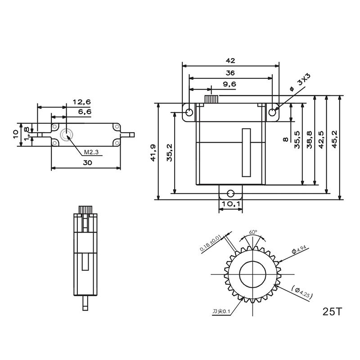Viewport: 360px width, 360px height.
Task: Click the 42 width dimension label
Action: pyautogui.click(x=230, y=61)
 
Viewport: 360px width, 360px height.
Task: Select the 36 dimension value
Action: pyautogui.click(x=230, y=72)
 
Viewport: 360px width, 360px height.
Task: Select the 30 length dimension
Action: pyautogui.click(x=87, y=163)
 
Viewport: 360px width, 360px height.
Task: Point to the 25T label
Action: pyautogui.click(x=332, y=311)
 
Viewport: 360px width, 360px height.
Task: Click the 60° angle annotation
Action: pyautogui.click(x=253, y=232)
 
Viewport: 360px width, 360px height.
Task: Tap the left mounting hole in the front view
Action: pyautogui.click(x=189, y=112)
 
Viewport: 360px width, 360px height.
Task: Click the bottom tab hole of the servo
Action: pyautogui.click(x=230, y=193)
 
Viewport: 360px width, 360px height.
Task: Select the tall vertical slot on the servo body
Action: pyautogui.click(x=246, y=152)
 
